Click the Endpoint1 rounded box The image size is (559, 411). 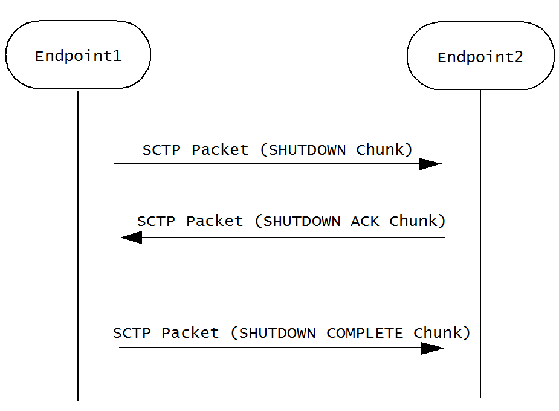click(77, 55)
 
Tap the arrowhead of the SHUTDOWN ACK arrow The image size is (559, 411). click(131, 238)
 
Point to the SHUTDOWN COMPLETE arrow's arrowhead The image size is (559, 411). click(433, 348)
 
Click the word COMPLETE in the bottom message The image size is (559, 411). click(364, 333)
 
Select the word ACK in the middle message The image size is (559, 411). click(365, 221)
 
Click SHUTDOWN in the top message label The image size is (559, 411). click(306, 150)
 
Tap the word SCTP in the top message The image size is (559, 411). click(161, 150)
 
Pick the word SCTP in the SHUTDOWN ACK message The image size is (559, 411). click(156, 221)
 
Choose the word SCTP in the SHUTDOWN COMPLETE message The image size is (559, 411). click(132, 333)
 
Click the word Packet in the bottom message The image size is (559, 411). click(190, 333)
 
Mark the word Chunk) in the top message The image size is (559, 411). click(384, 150)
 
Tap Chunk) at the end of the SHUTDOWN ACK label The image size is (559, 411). click(418, 221)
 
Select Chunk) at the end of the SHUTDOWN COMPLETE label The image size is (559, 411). click(442, 333)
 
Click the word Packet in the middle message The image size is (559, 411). click(215, 221)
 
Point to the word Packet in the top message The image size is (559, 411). click(220, 150)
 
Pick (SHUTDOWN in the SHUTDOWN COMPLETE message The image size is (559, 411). click(274, 333)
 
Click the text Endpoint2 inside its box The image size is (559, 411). click(480, 57)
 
